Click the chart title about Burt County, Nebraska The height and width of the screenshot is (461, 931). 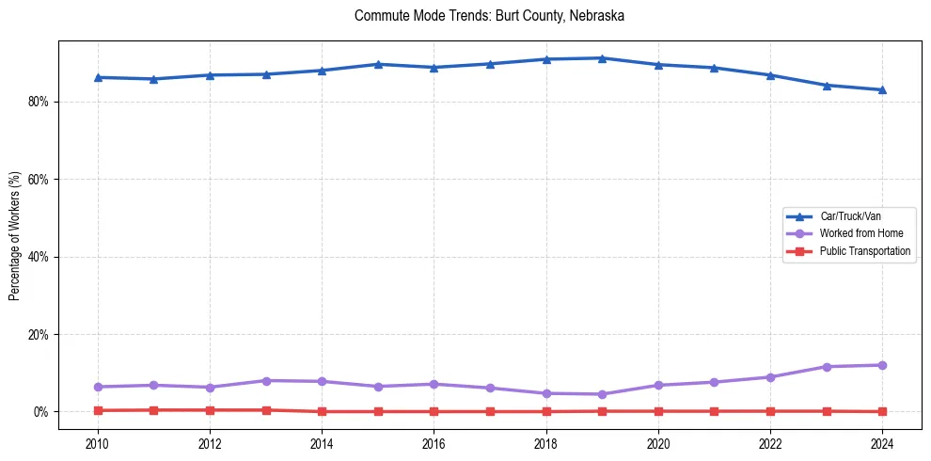[489, 16]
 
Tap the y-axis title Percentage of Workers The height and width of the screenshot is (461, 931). [14, 236]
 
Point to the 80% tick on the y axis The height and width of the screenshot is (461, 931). [39, 102]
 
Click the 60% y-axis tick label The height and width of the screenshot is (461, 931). [39, 179]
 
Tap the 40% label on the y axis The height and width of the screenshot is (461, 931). [39, 257]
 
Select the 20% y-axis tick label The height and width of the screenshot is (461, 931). [39, 334]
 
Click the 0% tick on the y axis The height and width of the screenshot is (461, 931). [41, 412]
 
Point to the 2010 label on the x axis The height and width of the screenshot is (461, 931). [98, 442]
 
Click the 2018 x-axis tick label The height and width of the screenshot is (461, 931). [546, 442]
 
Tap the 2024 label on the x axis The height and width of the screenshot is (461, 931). [882, 442]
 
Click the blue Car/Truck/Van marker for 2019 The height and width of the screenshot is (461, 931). [602, 58]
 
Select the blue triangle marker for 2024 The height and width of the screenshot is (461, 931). [882, 89]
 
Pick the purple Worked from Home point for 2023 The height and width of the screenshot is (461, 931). [827, 367]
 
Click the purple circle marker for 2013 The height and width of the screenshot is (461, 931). [266, 381]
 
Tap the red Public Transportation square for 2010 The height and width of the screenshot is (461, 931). [98, 410]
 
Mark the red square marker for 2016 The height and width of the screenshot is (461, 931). [434, 411]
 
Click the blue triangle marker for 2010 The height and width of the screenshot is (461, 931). [98, 77]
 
